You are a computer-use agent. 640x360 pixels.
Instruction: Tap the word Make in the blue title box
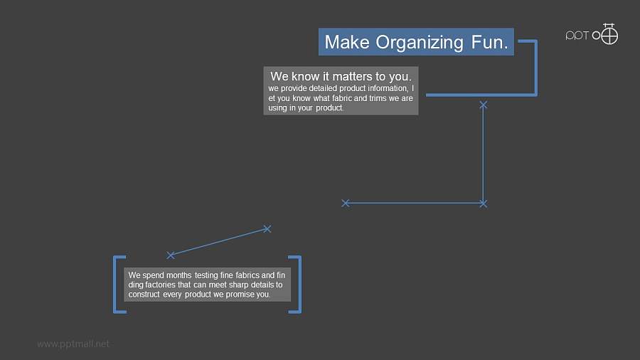point(347,42)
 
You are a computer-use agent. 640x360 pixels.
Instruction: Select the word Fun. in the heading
point(489,42)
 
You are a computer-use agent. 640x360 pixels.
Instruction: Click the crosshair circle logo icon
point(609,35)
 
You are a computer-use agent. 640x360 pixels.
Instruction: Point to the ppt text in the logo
point(577,36)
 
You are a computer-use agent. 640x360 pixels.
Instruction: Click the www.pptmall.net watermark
point(73,344)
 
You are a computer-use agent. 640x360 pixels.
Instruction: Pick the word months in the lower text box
point(178,275)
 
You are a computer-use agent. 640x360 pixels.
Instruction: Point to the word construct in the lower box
point(144,295)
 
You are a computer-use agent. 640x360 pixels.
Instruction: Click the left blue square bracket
point(114,285)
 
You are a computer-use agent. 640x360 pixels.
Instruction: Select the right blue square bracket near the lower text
point(300,285)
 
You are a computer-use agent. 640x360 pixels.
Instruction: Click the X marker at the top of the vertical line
point(484,105)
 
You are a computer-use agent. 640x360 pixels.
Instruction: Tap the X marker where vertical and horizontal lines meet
point(484,203)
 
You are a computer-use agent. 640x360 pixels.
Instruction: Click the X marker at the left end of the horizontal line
point(346,203)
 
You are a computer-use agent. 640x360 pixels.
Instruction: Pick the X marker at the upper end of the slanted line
point(267,229)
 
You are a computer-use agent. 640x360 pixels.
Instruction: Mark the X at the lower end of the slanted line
point(171,255)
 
